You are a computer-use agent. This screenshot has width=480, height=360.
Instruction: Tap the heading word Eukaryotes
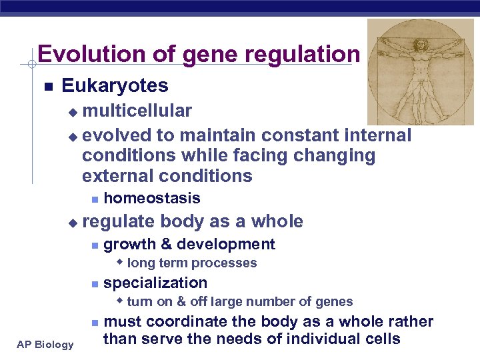point(115,86)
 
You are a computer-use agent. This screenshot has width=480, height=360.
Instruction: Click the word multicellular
point(137,110)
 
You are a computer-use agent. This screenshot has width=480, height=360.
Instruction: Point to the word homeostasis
point(152,198)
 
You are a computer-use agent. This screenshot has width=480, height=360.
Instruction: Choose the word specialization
point(155,283)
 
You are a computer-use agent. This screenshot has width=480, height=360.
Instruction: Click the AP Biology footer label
point(45,344)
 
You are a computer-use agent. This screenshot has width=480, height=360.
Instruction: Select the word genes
point(335,301)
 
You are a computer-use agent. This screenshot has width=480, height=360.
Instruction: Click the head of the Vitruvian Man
point(421,44)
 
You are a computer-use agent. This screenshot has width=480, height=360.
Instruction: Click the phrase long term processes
point(191,263)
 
